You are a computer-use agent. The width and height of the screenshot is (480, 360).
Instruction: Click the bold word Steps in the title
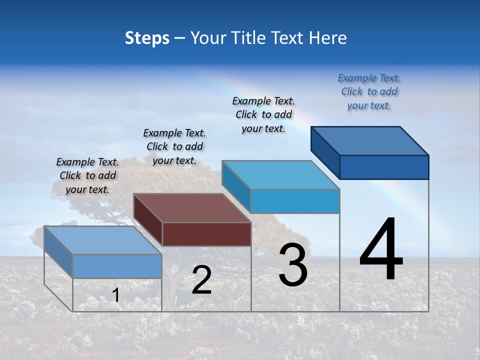pyautogui.click(x=147, y=38)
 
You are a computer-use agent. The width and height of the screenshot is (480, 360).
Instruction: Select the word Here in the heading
pyautogui.click(x=328, y=38)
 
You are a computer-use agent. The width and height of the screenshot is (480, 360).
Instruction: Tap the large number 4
pyautogui.click(x=381, y=249)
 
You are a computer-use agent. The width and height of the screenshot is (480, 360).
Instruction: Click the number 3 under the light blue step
pyautogui.click(x=293, y=265)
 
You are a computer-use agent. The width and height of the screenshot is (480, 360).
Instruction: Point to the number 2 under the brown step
pyautogui.click(x=201, y=280)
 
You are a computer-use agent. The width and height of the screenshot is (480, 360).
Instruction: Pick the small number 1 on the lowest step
pyautogui.click(x=115, y=295)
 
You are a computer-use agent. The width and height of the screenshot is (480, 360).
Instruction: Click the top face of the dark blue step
pyautogui.click(x=369, y=140)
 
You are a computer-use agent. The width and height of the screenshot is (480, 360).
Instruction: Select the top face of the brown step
pyautogui.click(x=192, y=207)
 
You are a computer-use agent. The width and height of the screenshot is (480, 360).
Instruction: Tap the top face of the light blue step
pyautogui.click(x=280, y=175)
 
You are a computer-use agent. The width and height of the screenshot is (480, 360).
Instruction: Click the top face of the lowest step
pyautogui.click(x=103, y=240)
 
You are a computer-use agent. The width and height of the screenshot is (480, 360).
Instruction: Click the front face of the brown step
pyautogui.click(x=206, y=234)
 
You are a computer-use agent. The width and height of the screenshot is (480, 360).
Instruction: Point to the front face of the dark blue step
pyautogui.click(x=384, y=167)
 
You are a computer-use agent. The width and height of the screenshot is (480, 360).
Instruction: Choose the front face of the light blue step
pyautogui.click(x=295, y=201)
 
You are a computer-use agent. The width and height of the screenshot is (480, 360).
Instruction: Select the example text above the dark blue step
pyautogui.click(x=369, y=92)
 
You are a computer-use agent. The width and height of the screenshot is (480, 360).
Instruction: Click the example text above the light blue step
pyautogui.click(x=263, y=114)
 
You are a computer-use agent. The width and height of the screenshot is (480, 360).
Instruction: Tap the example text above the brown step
pyautogui.click(x=174, y=146)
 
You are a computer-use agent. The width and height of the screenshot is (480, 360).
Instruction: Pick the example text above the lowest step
pyautogui.click(x=87, y=175)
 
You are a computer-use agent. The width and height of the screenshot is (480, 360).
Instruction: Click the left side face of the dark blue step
pyautogui.click(x=325, y=152)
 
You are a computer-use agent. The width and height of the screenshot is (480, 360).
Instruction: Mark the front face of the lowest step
pyautogui.click(x=117, y=266)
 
